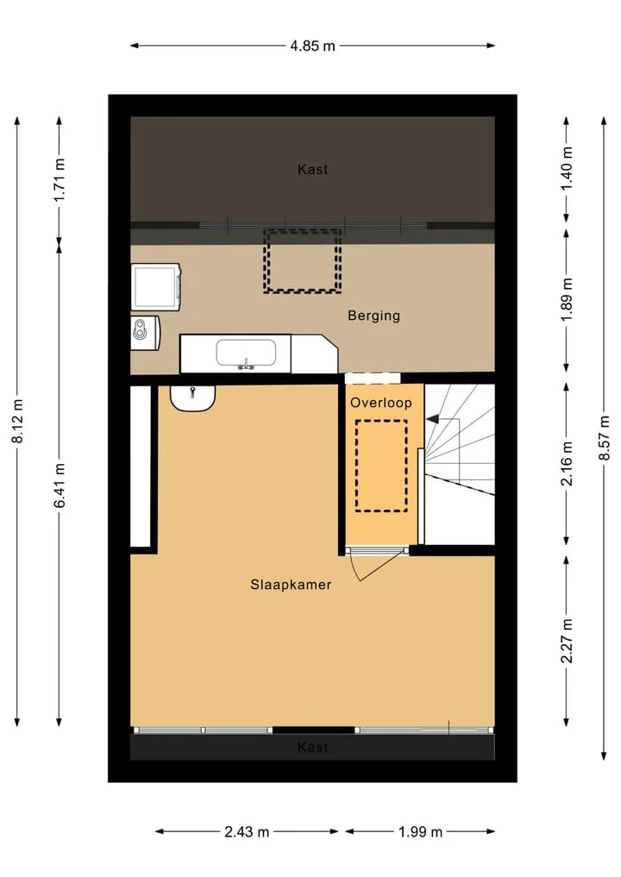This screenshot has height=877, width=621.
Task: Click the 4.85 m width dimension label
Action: click(x=312, y=46)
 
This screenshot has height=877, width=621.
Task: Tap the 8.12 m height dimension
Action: click(x=17, y=422)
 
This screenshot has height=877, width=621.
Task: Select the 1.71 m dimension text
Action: click(x=60, y=180)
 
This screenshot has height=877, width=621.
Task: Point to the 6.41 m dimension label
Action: click(x=60, y=485)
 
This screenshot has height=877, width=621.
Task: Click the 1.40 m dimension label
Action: click(x=567, y=168)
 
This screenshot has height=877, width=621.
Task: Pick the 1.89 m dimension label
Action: click(x=567, y=300)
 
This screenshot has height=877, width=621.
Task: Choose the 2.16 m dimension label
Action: click(x=567, y=464)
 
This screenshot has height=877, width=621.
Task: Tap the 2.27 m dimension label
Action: click(x=567, y=641)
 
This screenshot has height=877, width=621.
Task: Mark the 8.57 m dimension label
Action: click(x=605, y=438)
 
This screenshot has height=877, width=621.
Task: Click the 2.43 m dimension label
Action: click(x=247, y=832)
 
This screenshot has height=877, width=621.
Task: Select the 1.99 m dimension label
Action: click(x=420, y=832)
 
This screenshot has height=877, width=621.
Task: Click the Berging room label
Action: click(x=373, y=316)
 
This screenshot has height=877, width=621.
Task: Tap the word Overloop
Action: click(x=381, y=403)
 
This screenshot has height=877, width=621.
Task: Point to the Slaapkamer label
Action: click(x=291, y=585)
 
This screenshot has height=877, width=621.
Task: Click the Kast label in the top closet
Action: click(x=313, y=170)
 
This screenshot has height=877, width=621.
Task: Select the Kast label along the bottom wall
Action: click(x=313, y=748)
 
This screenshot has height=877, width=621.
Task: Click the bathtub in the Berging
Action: click(x=246, y=354)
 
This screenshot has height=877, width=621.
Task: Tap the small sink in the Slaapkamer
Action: click(x=193, y=398)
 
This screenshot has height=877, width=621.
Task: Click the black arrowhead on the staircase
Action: click(x=432, y=419)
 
